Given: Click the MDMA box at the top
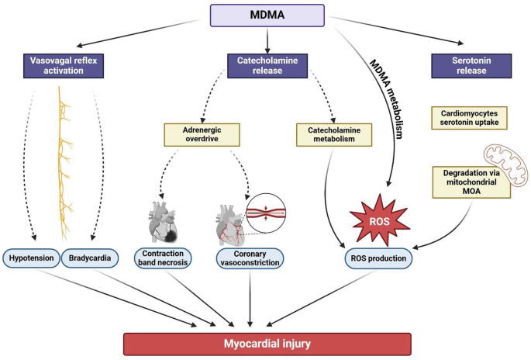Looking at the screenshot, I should (266, 15).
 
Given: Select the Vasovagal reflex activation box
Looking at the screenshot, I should (64, 65).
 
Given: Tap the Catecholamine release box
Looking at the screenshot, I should (266, 65).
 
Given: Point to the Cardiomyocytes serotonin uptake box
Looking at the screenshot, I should (467, 119).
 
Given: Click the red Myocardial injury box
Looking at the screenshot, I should (267, 342).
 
